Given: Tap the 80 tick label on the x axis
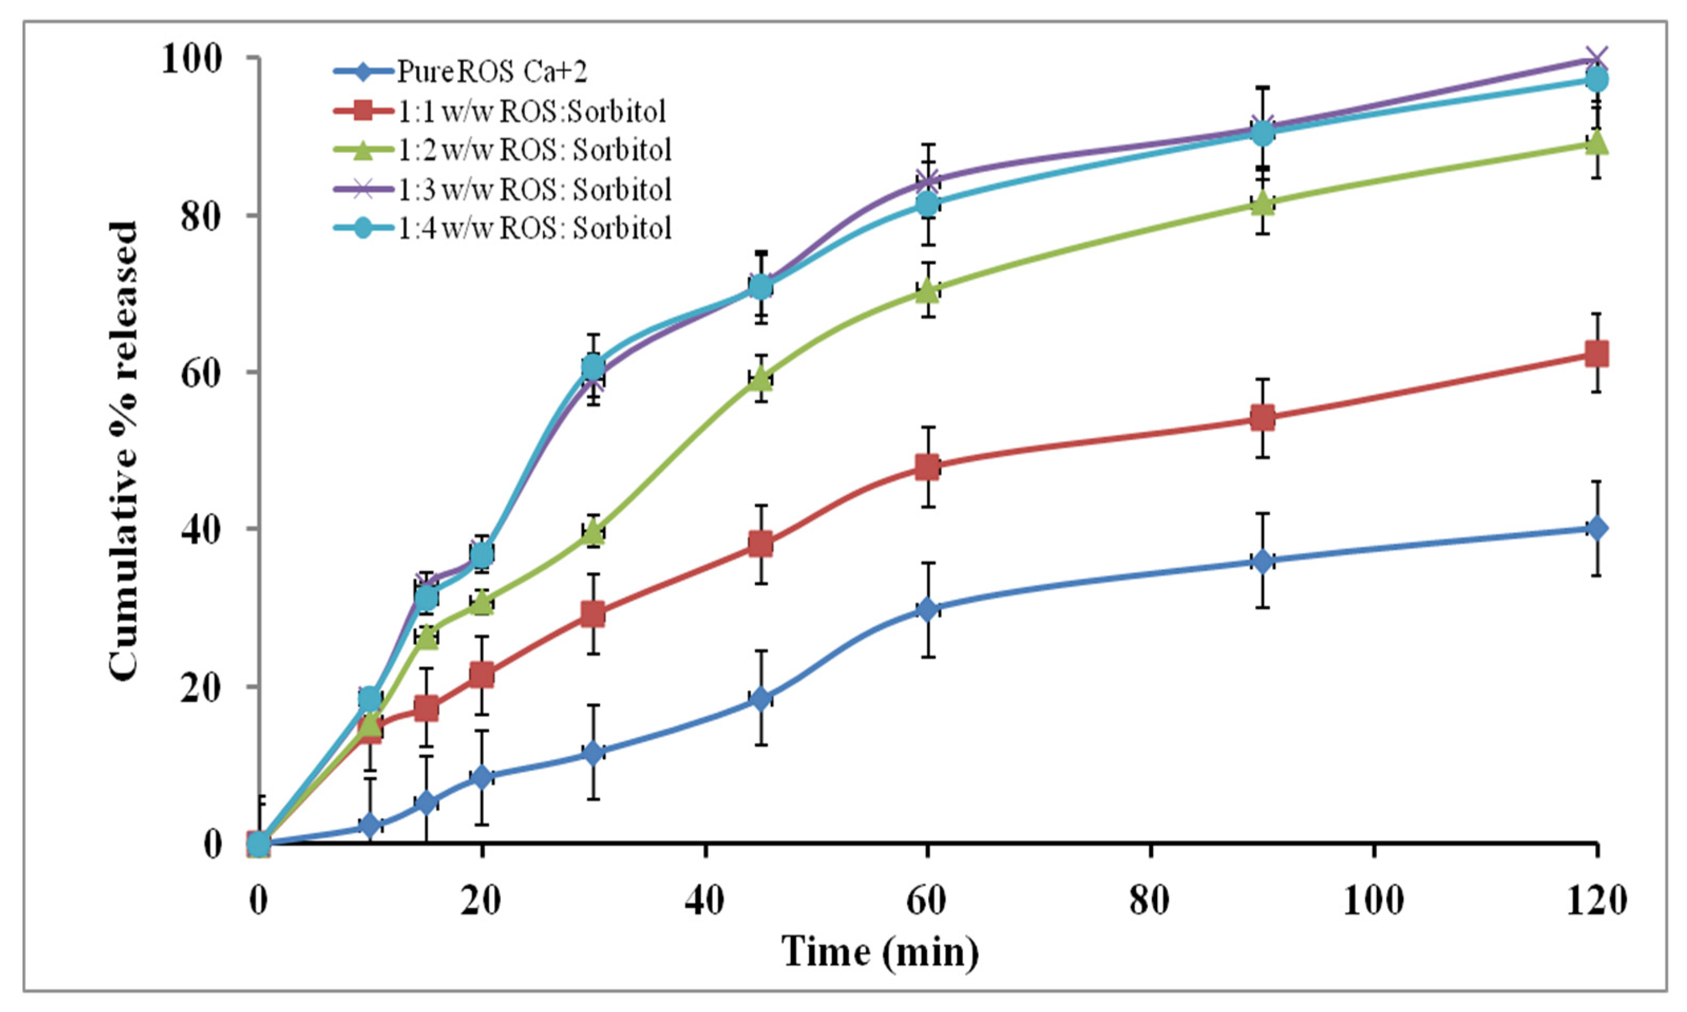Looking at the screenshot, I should (x=1150, y=900).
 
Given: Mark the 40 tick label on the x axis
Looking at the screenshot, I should (x=705, y=900).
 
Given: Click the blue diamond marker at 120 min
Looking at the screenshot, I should (x=1596, y=528).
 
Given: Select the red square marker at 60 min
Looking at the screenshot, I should (x=927, y=467).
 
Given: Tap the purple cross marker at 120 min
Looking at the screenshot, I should (x=1596, y=59).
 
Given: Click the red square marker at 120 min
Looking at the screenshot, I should (x=1596, y=354).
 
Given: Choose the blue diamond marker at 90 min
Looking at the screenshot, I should (x=1262, y=561).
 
